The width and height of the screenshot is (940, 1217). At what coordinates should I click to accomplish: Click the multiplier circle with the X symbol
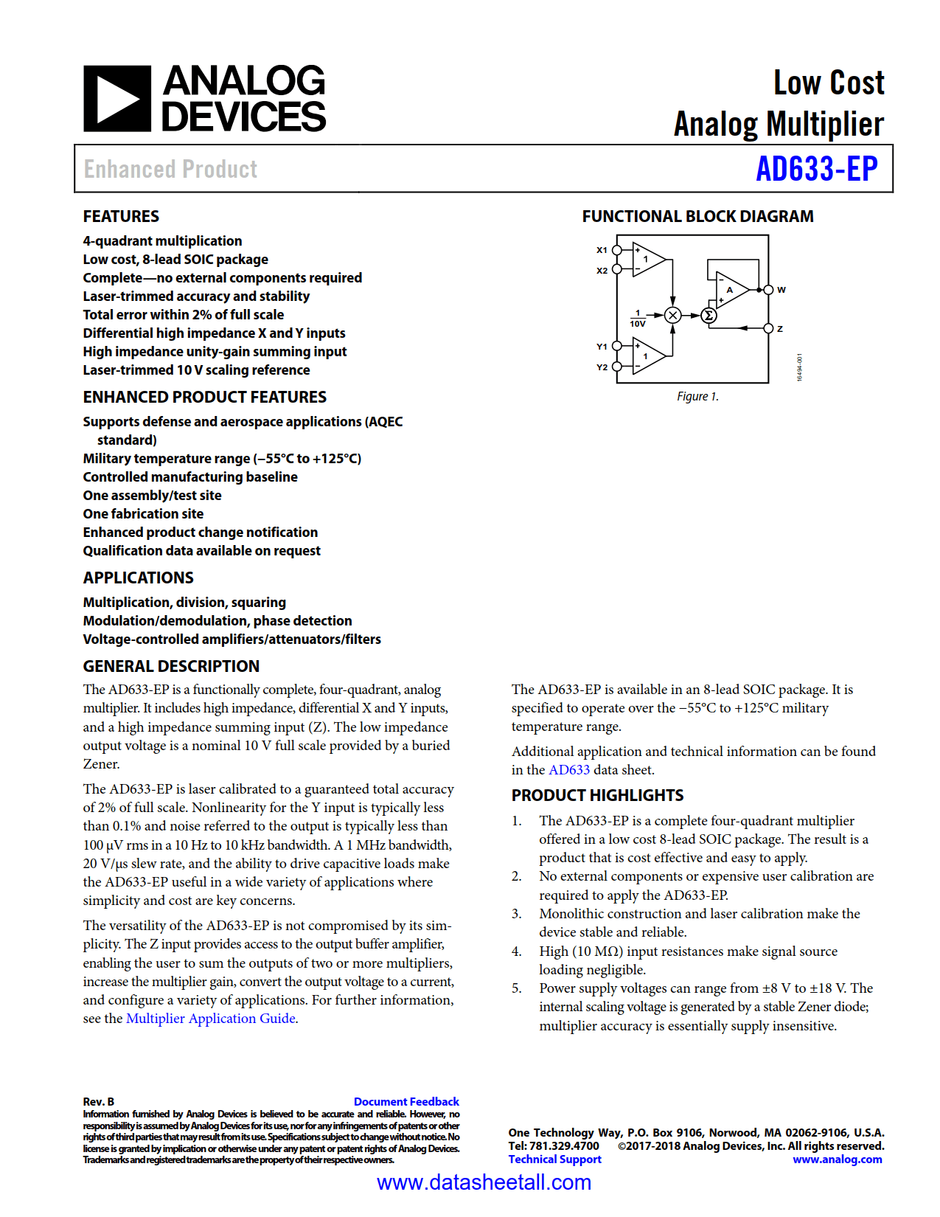[x=672, y=316]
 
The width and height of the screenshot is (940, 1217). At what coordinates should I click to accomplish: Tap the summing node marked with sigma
[x=709, y=316]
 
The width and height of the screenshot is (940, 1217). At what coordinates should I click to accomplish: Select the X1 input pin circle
[x=617, y=250]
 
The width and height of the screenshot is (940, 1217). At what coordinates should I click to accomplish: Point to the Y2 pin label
[x=602, y=367]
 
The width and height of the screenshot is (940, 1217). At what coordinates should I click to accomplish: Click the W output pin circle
[x=768, y=290]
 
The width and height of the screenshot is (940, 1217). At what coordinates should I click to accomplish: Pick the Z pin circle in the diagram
[x=768, y=328]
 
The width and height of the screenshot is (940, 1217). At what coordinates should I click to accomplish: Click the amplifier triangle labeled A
[x=731, y=289]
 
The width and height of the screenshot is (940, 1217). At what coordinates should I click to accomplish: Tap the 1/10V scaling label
[x=638, y=319]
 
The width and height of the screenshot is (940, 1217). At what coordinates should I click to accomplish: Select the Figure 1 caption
[x=697, y=397]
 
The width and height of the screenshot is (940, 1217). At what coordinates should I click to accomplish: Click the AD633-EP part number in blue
[x=817, y=169]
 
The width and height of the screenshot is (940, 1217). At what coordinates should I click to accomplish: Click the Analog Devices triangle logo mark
[x=117, y=99]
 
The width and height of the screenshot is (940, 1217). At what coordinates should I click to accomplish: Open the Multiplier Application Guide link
[x=211, y=1019]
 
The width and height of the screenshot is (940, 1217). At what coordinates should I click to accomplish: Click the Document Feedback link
[x=406, y=1101]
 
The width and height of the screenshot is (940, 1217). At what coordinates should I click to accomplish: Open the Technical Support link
[x=554, y=1159]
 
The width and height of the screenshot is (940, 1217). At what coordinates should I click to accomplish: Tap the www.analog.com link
[x=837, y=1159]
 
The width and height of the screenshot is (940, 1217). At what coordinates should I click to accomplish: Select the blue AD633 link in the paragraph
[x=569, y=770]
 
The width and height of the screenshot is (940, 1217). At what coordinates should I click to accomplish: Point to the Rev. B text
[x=99, y=1101]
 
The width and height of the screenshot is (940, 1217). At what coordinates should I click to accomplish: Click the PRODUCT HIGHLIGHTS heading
[x=597, y=795]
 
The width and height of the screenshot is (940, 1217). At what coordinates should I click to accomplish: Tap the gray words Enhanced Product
[x=170, y=170]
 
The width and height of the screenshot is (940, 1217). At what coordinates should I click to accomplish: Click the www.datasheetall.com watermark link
[x=484, y=1182]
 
